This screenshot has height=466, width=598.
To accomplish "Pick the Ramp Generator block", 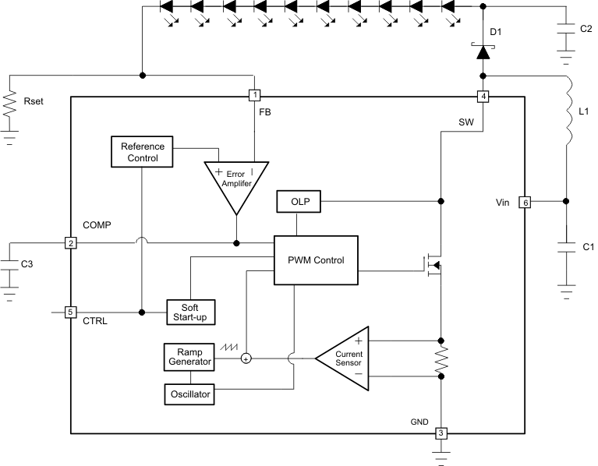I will click(188, 357).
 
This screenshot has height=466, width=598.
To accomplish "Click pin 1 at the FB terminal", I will click(253, 96).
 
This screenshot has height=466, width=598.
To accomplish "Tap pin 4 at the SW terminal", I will click(483, 97).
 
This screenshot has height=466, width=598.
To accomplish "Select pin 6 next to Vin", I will click(525, 202).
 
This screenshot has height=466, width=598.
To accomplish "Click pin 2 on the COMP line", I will click(70, 243).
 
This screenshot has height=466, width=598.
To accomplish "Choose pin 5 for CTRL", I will click(70, 312).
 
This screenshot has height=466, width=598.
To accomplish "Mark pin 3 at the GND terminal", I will click(441, 433).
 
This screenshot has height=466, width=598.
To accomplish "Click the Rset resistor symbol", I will click(9, 105).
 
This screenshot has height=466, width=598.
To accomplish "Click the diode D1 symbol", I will click(483, 52).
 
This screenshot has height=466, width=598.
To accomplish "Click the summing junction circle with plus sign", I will click(246, 358).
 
